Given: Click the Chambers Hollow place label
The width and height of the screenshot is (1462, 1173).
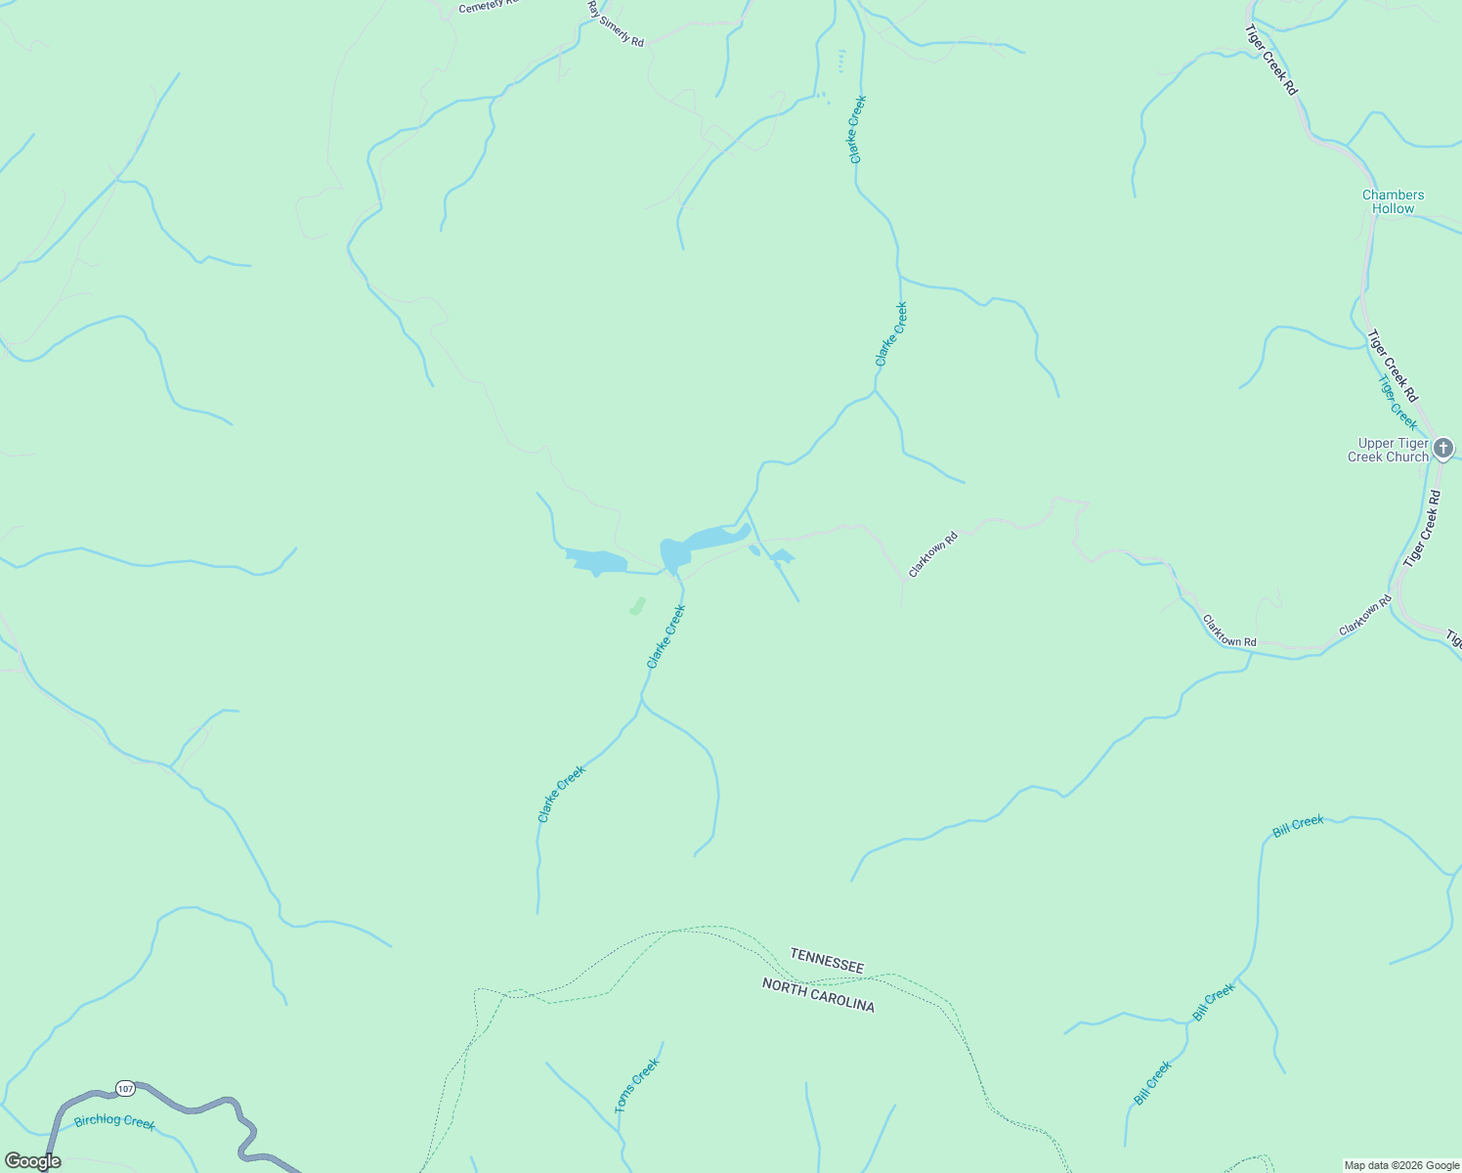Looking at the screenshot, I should click(x=1393, y=201).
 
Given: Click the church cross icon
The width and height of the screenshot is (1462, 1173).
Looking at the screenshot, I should click(x=1443, y=449).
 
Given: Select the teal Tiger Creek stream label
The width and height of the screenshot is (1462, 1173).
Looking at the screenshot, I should click(x=1397, y=402).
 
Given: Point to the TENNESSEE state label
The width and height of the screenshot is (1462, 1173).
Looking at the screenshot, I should click(x=827, y=960).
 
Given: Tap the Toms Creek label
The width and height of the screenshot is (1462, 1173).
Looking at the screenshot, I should click(x=637, y=1085).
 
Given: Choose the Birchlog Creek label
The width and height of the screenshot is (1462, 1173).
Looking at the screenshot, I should click(x=114, y=1120).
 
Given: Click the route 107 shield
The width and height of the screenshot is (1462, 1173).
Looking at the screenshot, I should click(x=124, y=1088).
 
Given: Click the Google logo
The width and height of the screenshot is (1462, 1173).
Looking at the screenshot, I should click(x=31, y=1161).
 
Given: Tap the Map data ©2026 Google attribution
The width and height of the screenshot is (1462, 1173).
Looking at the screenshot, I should click(x=1400, y=1165).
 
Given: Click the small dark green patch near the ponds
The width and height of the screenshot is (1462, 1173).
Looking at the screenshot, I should click(x=637, y=606).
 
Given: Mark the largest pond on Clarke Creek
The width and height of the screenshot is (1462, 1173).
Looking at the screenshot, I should click(x=699, y=544).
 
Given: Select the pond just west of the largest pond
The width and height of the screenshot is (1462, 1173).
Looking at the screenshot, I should click(x=596, y=561).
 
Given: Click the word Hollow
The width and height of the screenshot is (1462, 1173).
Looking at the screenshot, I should click(x=1393, y=208).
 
